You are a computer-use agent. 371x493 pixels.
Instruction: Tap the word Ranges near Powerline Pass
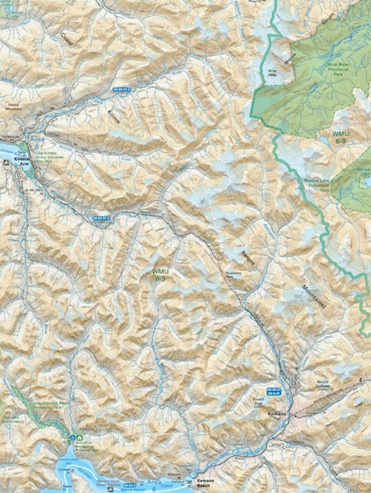[247, 259]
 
